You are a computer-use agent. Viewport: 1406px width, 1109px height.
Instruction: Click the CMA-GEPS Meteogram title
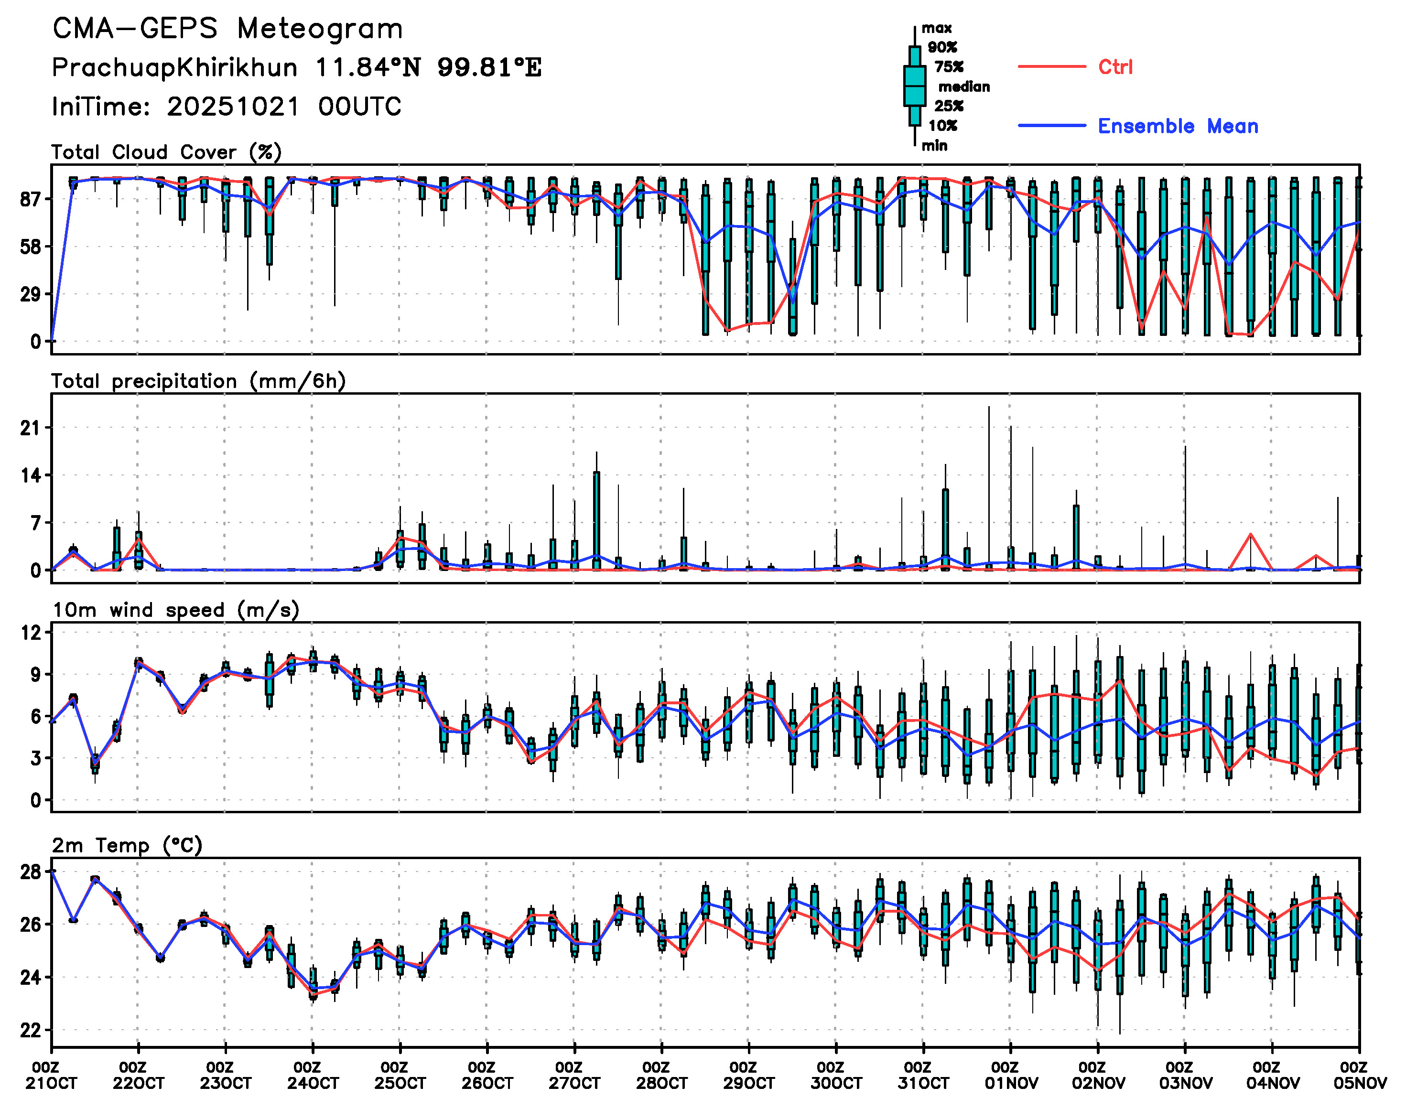(227, 29)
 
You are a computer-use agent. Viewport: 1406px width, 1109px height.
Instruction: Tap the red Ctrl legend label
(1115, 67)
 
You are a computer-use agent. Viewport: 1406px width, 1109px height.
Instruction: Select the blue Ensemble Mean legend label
(1178, 126)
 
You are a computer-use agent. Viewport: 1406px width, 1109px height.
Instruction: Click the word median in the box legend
(964, 87)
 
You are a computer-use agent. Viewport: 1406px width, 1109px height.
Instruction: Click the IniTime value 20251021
(233, 107)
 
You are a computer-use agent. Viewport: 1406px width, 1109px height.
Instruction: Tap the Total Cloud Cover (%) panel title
(166, 152)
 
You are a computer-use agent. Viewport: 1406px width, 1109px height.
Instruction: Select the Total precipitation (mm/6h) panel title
(198, 381)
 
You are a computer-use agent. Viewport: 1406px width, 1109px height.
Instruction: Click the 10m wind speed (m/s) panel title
(175, 610)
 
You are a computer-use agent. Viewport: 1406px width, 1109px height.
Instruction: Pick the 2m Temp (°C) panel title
(127, 845)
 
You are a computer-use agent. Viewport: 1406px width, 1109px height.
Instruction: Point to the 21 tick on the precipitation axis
(30, 428)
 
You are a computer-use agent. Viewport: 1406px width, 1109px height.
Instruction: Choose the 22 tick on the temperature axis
(30, 1031)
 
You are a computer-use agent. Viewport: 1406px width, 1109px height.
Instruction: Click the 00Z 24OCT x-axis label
(313, 1075)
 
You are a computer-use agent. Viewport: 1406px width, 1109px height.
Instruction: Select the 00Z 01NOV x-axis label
(1010, 1075)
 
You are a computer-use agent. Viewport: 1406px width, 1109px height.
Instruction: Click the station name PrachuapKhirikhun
(174, 67)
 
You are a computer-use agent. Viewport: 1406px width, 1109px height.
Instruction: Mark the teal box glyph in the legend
(914, 86)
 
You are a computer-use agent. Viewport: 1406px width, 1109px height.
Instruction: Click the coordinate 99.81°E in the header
(489, 67)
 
